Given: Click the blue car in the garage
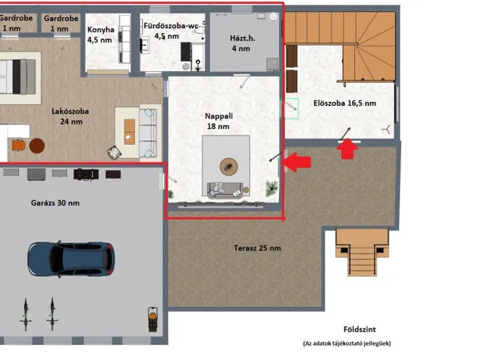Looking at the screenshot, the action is (x=71, y=259).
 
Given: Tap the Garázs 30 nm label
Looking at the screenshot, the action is (x=55, y=203).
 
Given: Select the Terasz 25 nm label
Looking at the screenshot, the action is (x=257, y=248).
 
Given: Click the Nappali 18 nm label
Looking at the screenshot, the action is (x=218, y=121).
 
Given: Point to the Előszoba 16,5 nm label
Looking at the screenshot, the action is (x=345, y=103).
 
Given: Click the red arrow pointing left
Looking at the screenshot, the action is (x=296, y=162).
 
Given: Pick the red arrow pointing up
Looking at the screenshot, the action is (x=347, y=148).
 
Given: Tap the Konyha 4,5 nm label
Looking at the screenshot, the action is (x=100, y=34).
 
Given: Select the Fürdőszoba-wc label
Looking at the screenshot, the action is (x=171, y=25).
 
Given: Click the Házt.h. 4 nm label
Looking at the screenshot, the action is (x=242, y=43).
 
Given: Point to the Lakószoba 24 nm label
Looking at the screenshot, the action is (x=70, y=116).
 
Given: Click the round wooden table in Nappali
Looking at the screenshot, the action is (x=228, y=166).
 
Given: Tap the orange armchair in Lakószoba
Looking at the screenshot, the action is (x=19, y=145).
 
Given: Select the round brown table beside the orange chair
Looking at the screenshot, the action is (x=37, y=145).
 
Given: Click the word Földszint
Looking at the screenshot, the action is (x=359, y=329).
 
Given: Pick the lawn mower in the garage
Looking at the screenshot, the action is (x=153, y=319).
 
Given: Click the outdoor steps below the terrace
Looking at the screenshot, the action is (x=362, y=253).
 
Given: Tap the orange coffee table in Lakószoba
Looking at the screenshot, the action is (x=130, y=132).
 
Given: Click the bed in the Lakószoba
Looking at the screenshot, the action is (x=17, y=76).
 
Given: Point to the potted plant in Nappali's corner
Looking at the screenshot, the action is (x=271, y=188).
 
